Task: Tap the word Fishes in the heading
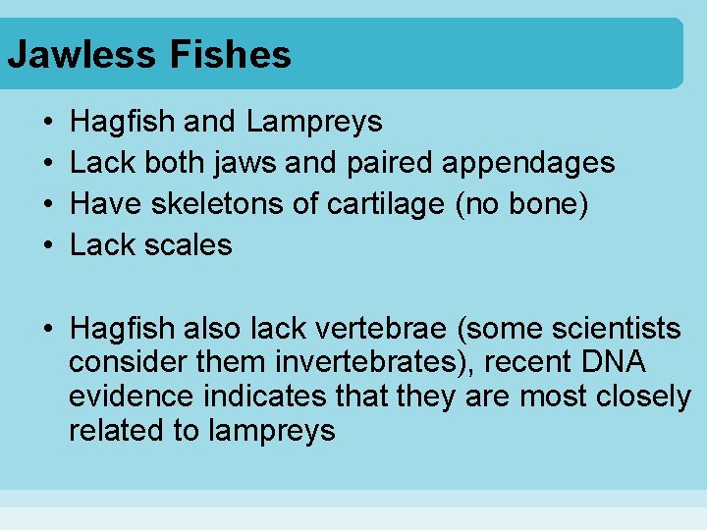click(231, 54)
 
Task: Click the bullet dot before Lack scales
click(48, 245)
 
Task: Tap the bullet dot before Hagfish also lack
click(48, 329)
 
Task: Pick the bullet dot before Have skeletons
click(48, 204)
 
